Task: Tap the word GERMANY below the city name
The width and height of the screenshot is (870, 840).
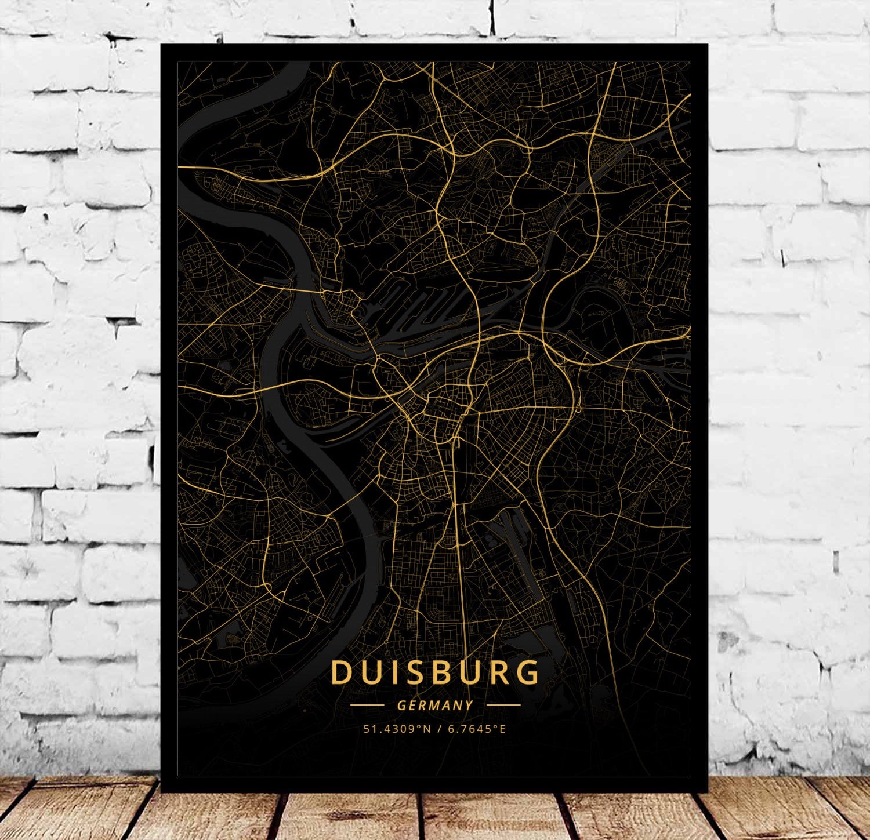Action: click(435, 706)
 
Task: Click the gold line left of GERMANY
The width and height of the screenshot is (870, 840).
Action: click(367, 706)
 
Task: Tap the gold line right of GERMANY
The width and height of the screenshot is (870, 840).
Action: click(503, 706)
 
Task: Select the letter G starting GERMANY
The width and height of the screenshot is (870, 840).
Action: click(401, 706)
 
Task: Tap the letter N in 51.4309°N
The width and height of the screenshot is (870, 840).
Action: click(427, 729)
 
